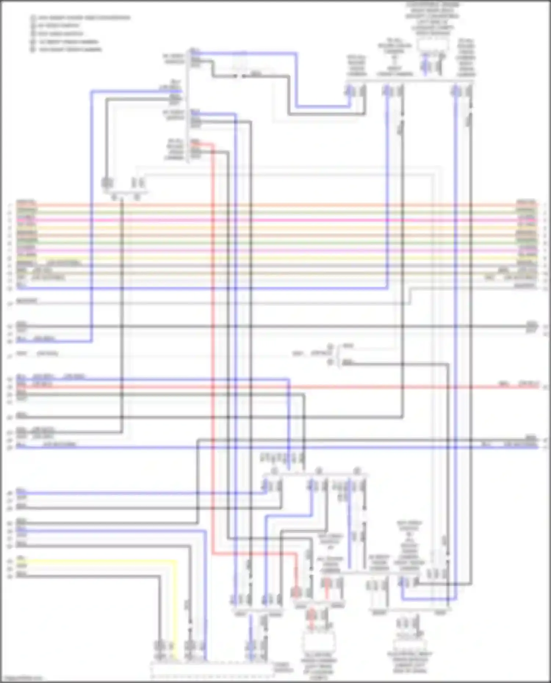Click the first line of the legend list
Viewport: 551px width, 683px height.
pos(81,18)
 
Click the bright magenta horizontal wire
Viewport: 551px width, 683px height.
pos(275,220)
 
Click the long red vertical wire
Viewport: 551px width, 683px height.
pos(213,349)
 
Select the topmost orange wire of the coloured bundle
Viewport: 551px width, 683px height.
pos(275,205)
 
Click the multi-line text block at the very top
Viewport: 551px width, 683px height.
pos(433,18)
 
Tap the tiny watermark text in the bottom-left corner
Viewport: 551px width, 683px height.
pos(21,678)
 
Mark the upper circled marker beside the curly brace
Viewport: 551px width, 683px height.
pos(330,346)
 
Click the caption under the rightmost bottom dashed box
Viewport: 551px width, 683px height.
pos(409,662)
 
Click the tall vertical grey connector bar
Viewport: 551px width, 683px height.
pos(187,106)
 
